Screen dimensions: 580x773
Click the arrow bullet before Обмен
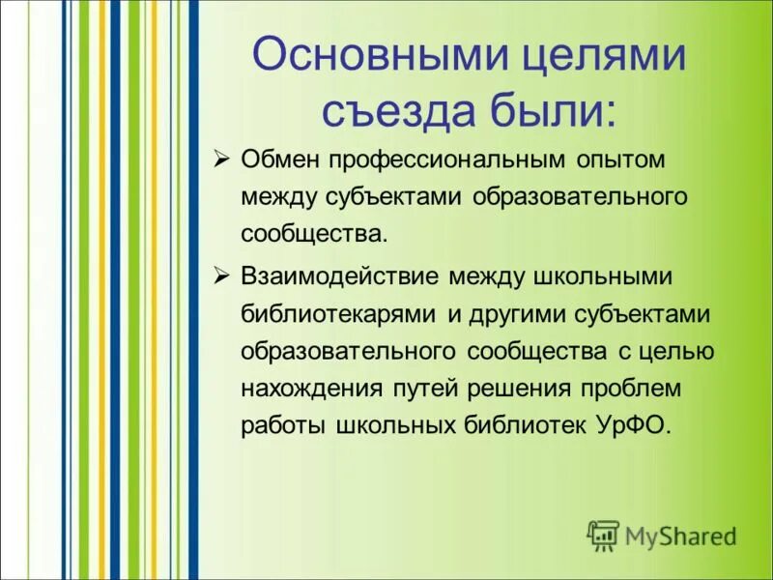[220, 158]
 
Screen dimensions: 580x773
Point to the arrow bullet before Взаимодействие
[220, 276]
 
